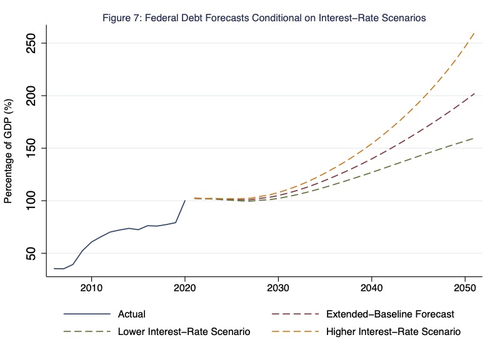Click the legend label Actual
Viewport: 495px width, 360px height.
tap(131, 314)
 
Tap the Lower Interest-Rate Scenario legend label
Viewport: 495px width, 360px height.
tap(184, 332)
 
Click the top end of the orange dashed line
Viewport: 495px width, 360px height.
tap(474, 32)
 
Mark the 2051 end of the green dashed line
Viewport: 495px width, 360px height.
tap(474, 138)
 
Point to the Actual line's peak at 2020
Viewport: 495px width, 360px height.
tap(185, 201)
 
